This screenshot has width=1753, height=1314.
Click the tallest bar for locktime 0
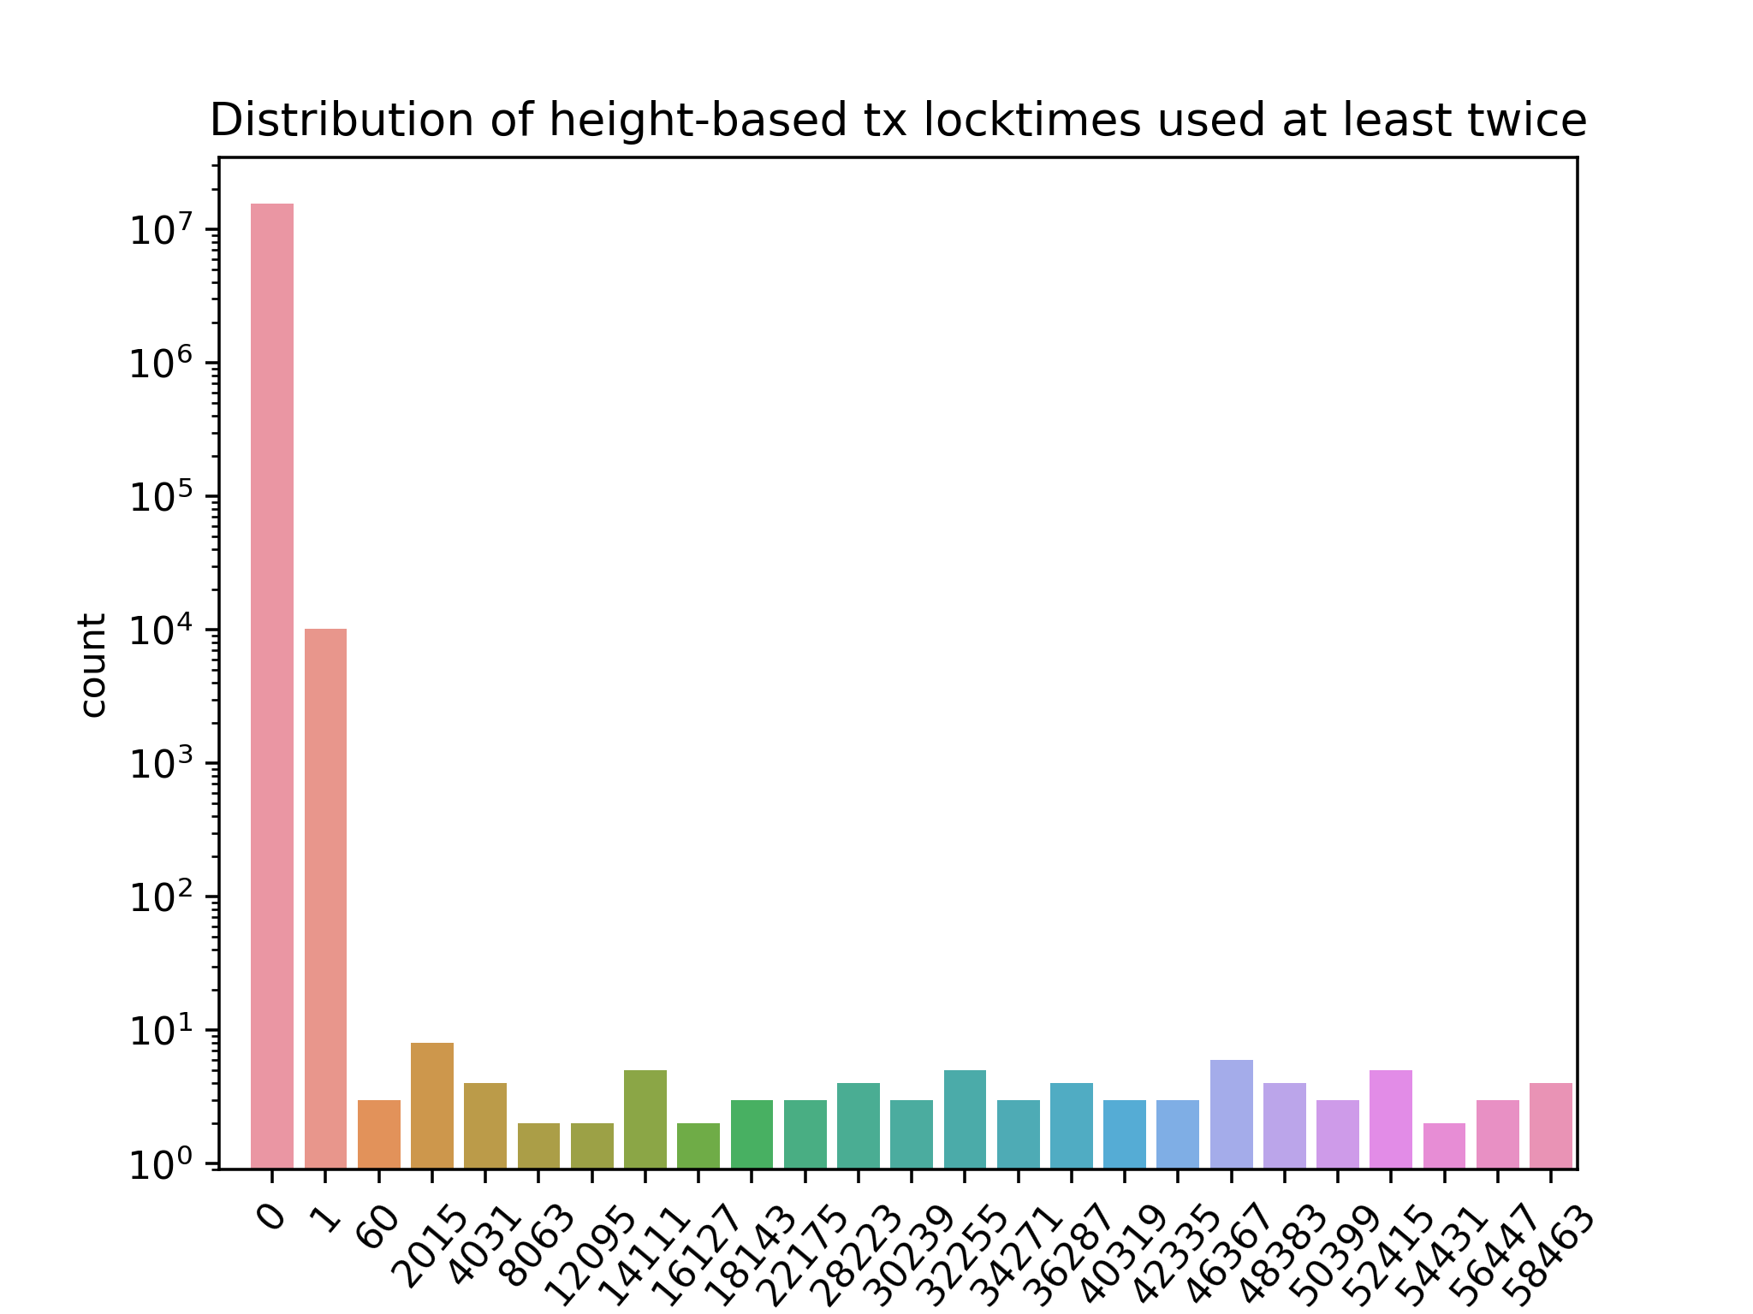click(272, 684)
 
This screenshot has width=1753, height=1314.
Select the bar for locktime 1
click(325, 898)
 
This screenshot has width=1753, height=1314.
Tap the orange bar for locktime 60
click(378, 1133)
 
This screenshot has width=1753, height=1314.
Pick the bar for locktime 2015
click(432, 1105)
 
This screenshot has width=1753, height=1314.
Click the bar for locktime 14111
click(645, 1119)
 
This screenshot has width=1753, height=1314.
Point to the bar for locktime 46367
click(1231, 1114)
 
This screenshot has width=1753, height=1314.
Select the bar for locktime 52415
click(1390, 1119)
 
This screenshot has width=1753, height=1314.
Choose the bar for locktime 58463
click(1550, 1125)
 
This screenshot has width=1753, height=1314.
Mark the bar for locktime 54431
click(1444, 1145)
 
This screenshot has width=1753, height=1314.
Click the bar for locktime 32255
click(965, 1119)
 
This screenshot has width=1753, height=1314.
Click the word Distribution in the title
click(342, 120)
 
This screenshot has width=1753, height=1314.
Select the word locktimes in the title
click(1032, 120)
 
